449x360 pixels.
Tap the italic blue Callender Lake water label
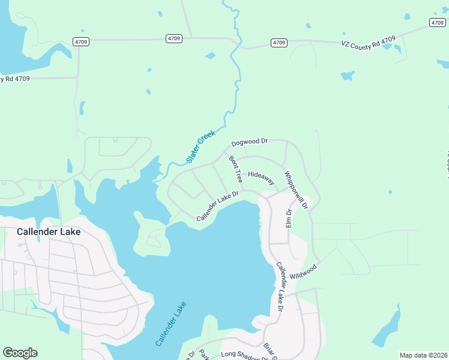171,323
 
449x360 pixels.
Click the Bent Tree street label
235,169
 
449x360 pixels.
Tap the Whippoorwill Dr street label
296,190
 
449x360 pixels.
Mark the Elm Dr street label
289,217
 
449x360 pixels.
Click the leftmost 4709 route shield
82,41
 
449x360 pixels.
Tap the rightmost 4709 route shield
437,22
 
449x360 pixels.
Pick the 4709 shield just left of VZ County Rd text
279,43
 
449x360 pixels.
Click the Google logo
20,352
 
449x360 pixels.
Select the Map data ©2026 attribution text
423,355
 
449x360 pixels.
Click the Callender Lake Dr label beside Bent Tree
218,206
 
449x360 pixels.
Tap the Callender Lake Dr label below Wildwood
279,287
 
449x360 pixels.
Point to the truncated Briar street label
269,352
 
